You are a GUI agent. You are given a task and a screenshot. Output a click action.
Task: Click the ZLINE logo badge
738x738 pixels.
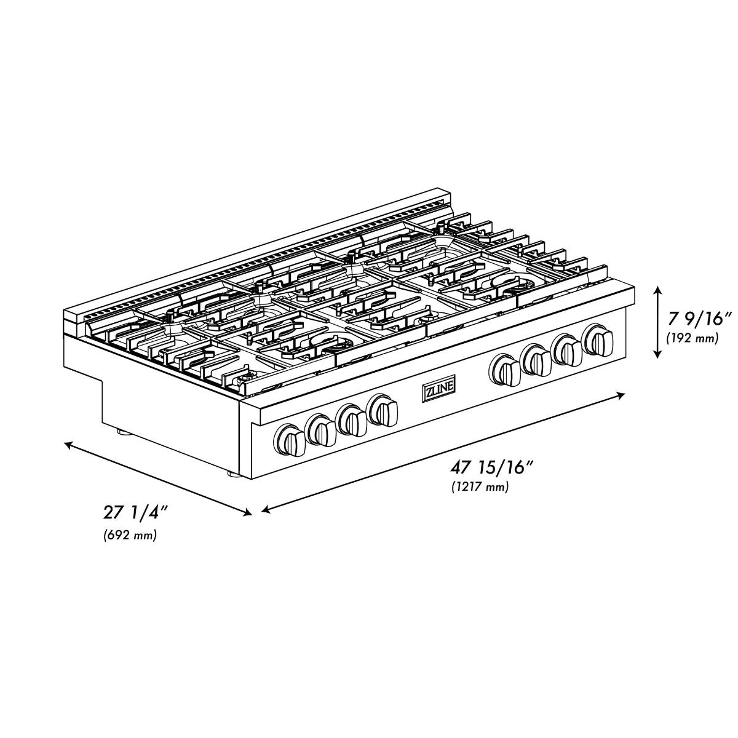(x=439, y=388)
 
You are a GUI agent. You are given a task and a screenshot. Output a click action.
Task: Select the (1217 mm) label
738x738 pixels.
(x=480, y=486)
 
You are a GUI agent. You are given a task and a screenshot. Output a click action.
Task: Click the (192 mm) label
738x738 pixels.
(x=692, y=338)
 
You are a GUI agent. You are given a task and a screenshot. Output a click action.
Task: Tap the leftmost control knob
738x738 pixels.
(x=290, y=440)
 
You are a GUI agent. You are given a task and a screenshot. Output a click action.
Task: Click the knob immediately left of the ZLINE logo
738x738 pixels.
(x=382, y=410)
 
